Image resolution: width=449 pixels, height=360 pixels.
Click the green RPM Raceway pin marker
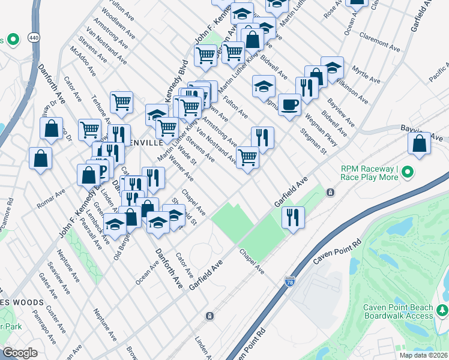coord(408,173)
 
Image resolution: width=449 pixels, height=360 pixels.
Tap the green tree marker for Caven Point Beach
coord(442,311)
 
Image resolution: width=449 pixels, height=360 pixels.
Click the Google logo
coord(20,353)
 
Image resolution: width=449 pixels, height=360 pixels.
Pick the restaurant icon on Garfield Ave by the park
coord(293,217)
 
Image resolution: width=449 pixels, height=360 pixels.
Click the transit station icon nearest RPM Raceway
coord(330,192)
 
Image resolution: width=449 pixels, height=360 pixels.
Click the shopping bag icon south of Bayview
coord(419,144)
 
